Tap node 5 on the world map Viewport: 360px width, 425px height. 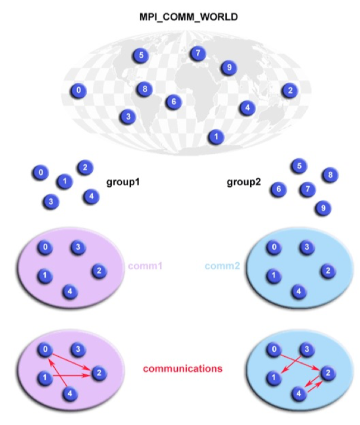[141, 55]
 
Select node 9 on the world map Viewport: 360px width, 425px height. [228, 68]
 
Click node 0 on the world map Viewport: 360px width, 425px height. [79, 91]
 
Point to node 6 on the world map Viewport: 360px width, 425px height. [174, 102]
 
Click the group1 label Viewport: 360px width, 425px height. [122, 182]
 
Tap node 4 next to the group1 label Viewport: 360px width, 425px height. [91, 196]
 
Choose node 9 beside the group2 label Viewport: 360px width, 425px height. [321, 209]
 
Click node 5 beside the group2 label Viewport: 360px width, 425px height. [300, 166]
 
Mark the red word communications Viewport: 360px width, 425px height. [183, 369]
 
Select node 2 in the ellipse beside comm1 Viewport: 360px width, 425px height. [98, 271]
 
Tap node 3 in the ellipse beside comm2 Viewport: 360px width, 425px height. [305, 247]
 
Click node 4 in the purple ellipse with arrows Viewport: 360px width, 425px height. [69, 394]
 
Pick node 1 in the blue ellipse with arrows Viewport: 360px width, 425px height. [273, 378]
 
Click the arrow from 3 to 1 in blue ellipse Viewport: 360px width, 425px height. [290, 364]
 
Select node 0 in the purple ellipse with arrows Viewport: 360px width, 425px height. [44, 350]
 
